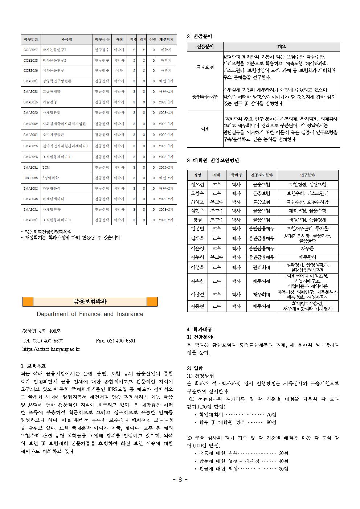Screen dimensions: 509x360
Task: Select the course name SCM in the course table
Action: point(46,168)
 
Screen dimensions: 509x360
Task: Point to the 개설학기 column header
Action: point(166,39)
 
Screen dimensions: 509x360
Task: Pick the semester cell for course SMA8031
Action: point(166,168)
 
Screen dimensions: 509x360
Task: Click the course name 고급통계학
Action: point(52,92)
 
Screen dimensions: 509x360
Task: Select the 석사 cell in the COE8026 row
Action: point(119,70)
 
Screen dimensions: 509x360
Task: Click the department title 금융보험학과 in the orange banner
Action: point(90,301)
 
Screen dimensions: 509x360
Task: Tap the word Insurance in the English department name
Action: point(130,314)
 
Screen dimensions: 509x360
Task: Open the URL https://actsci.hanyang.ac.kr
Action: point(51,349)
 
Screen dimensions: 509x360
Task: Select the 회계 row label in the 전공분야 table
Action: point(205,129)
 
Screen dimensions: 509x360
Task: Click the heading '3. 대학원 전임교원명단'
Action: point(213,161)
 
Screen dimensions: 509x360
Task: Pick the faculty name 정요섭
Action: point(197,185)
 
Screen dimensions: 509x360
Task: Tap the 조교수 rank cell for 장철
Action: point(217,220)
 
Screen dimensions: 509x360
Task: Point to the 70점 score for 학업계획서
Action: point(271,415)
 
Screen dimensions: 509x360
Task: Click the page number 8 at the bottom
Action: point(180,480)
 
